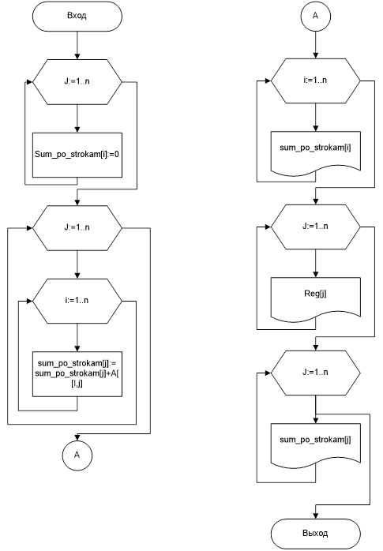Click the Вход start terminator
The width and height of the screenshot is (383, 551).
pyautogui.click(x=77, y=16)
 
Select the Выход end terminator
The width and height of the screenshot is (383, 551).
pyautogui.click(x=316, y=534)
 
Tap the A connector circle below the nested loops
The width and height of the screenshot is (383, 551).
pyautogui.click(x=77, y=455)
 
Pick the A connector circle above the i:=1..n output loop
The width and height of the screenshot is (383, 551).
pyautogui.click(x=316, y=16)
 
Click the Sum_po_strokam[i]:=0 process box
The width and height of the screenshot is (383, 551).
pyautogui.click(x=77, y=155)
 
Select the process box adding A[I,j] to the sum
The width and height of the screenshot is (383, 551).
pyautogui.click(x=77, y=374)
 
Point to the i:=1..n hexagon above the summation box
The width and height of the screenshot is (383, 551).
pyautogui.click(x=77, y=301)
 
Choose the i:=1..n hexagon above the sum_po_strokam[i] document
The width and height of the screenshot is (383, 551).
pyautogui.click(x=316, y=81)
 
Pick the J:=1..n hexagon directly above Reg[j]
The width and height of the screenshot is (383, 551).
pyautogui.click(x=316, y=227)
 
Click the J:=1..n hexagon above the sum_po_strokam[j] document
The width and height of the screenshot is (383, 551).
pyautogui.click(x=316, y=373)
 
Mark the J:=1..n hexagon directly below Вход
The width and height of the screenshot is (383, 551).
pyautogui.click(x=77, y=82)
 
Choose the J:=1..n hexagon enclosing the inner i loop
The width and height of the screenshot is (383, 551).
pyautogui.click(x=77, y=228)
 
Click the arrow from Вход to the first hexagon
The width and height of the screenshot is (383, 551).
pyautogui.click(x=77, y=45)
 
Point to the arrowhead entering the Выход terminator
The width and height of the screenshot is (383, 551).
pyautogui.click(x=316, y=515)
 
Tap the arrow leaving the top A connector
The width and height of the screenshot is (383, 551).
pyautogui.click(x=316, y=45)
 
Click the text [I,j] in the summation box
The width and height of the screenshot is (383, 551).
pyautogui.click(x=77, y=384)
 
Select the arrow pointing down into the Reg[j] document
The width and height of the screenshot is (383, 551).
pyautogui.click(x=316, y=263)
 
